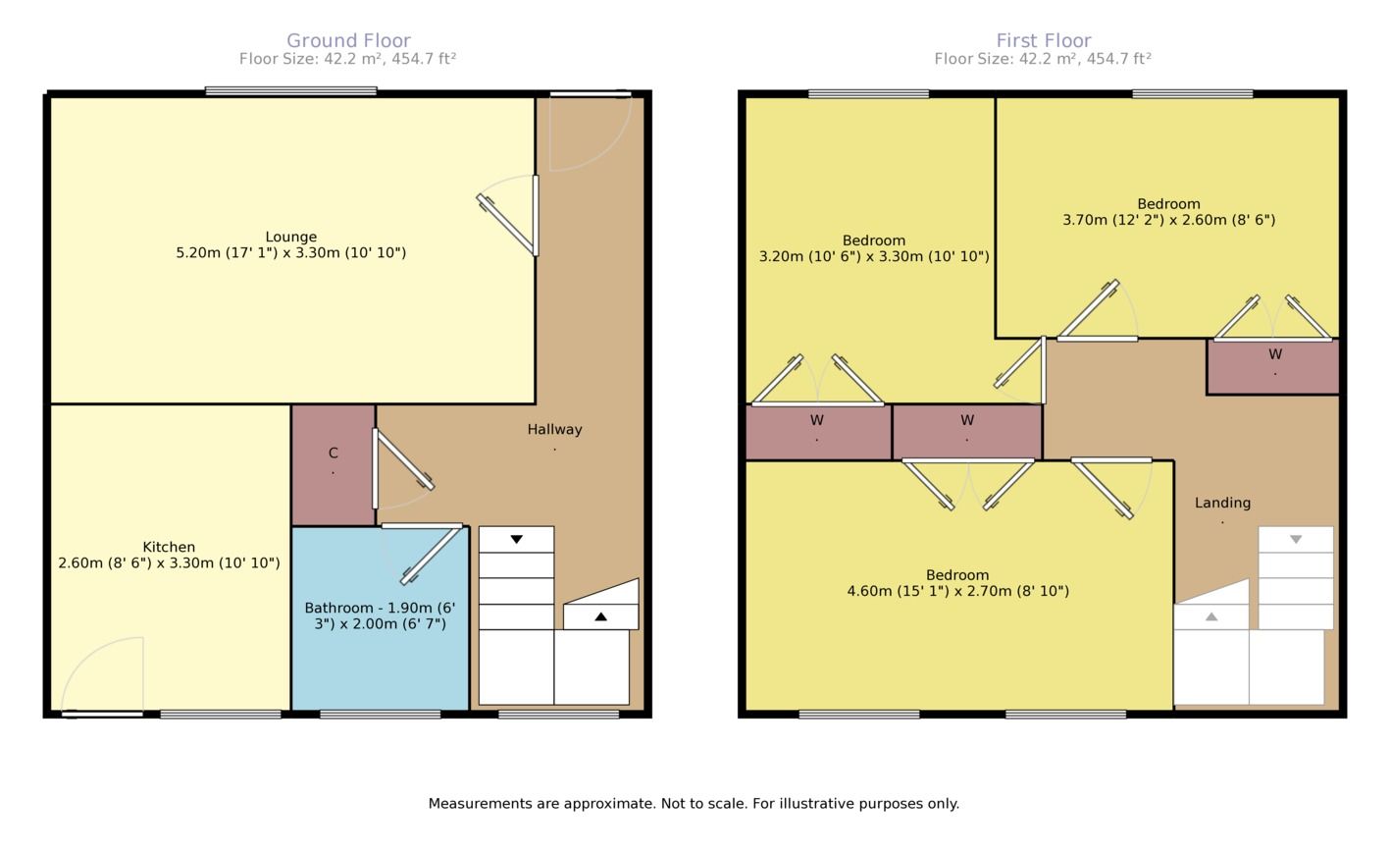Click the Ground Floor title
tap(348, 41)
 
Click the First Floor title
tap(1043, 41)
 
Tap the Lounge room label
tap(291, 237)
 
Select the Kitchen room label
tap(169, 547)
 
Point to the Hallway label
tap(555, 429)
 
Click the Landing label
tap(1222, 503)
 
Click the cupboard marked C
tap(334, 465)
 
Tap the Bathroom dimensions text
tap(380, 615)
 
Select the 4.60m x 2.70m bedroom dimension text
tap(958, 591)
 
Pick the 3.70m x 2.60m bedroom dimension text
tap(1168, 220)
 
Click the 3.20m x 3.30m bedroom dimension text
tap(874, 256)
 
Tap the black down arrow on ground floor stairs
tap(516, 539)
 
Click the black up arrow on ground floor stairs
tap(600, 616)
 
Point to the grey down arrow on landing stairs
tap(1296, 539)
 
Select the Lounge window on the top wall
tap(291, 91)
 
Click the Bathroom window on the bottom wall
tap(380, 715)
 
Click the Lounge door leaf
tap(505, 225)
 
